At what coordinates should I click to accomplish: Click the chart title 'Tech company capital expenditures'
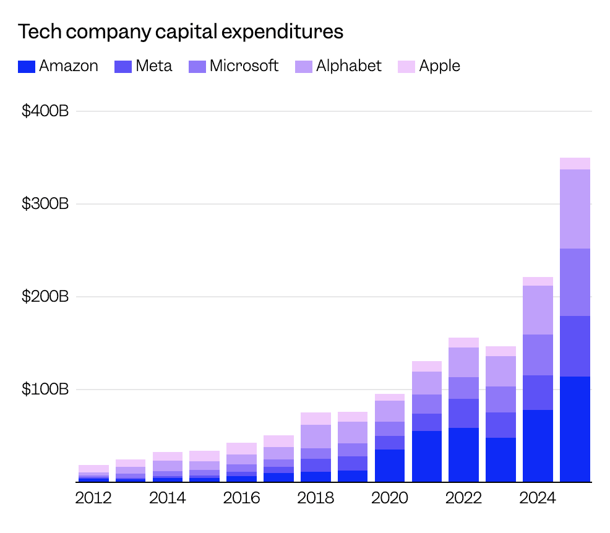point(181,32)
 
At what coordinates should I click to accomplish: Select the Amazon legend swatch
point(26,67)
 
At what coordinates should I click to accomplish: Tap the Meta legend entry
point(144,66)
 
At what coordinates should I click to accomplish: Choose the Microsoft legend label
point(244,66)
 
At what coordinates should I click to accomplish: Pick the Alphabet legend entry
point(348,66)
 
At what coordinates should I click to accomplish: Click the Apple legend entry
point(439,66)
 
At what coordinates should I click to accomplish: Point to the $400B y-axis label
point(45,112)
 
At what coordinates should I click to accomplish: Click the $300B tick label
point(45,205)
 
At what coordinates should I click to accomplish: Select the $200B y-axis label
point(45,297)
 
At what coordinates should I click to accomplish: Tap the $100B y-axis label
point(45,390)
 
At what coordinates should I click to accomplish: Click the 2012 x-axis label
point(93,498)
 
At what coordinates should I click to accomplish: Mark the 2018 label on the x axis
point(316,498)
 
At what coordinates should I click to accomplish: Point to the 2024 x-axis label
point(538,498)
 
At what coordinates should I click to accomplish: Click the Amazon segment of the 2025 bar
point(575,429)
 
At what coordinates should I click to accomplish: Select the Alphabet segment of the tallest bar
point(575,209)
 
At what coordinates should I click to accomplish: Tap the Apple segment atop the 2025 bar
point(575,163)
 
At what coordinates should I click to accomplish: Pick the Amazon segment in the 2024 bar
point(538,446)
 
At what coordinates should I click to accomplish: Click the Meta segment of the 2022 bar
point(463,413)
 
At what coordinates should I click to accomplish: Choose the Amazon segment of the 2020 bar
point(390,466)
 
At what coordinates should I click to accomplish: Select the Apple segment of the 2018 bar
point(316,419)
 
